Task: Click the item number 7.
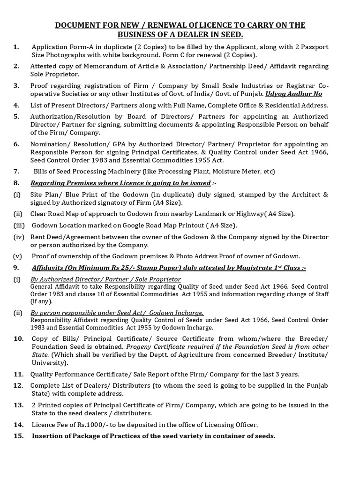tap(16, 171)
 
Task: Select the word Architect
tap(302, 194)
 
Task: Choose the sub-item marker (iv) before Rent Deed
tap(18, 237)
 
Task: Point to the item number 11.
tap(18, 374)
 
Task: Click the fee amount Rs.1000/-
tap(82, 425)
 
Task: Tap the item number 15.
tap(18, 436)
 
